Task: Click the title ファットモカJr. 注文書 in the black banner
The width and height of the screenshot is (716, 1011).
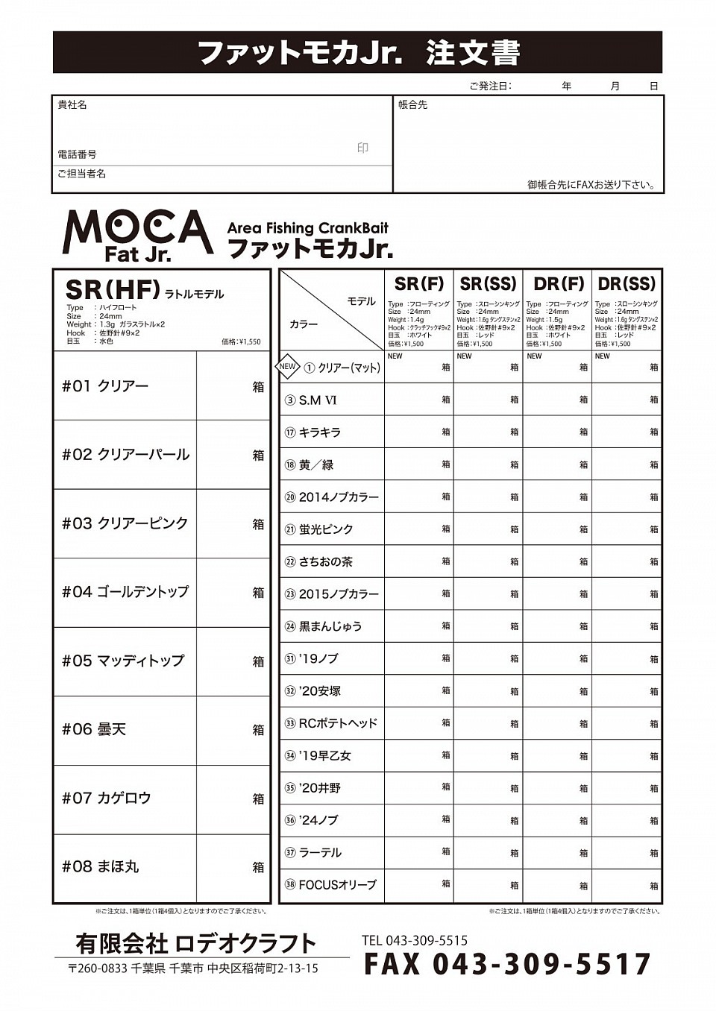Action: coord(358,53)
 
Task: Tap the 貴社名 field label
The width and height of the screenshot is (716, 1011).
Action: coord(72,105)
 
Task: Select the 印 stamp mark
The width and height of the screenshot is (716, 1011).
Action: coord(362,148)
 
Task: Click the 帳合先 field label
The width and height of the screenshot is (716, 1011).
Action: coord(413,105)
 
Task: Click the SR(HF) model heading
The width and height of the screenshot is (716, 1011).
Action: coord(113,289)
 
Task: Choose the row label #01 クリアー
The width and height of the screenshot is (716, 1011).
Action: coord(105,386)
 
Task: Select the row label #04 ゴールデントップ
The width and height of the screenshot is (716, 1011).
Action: coord(125,592)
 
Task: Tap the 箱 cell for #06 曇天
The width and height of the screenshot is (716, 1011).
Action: coord(233,730)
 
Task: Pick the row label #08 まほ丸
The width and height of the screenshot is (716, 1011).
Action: coord(101,867)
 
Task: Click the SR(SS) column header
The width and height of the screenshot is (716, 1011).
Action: coord(488,284)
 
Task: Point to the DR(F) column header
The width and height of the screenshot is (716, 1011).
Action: coord(558,284)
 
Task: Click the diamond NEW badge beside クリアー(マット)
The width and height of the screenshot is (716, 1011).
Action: coord(288,367)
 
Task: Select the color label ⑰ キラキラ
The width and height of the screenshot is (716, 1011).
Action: coord(313,432)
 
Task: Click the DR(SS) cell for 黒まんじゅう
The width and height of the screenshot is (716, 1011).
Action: coord(626,626)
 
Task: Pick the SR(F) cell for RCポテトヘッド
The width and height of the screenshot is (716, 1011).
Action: coord(419,723)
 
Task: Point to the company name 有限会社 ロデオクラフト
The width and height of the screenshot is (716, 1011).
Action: coord(196,944)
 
